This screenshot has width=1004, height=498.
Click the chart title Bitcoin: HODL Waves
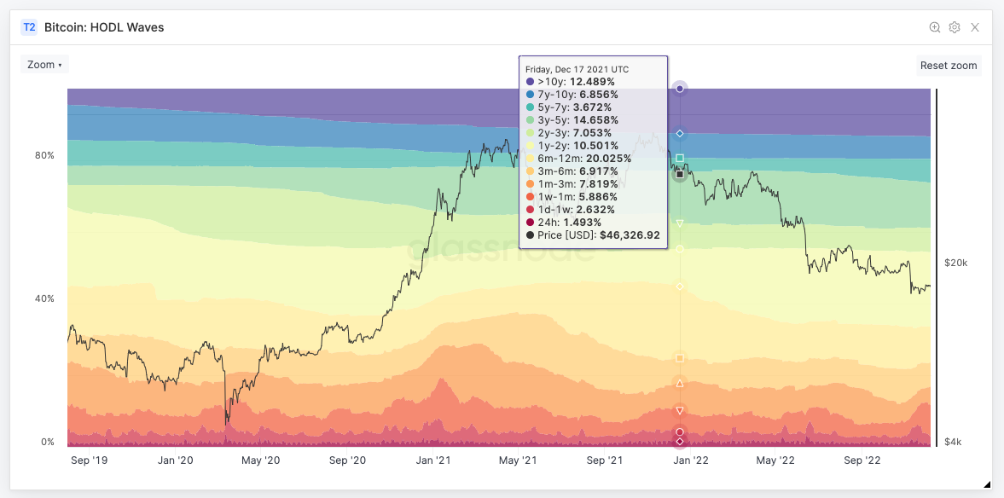pyautogui.click(x=104, y=27)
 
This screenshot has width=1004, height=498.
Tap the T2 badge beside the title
pyautogui.click(x=29, y=27)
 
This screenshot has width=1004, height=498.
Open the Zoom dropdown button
pyautogui.click(x=44, y=65)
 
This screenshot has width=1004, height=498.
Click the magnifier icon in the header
pyautogui.click(x=935, y=27)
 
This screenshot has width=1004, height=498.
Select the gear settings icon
pyautogui.click(x=955, y=27)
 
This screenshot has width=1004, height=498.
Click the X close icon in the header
pyautogui.click(x=975, y=27)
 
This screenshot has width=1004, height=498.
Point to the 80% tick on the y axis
pyautogui.click(x=44, y=155)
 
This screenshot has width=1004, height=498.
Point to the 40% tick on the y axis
pyautogui.click(x=44, y=298)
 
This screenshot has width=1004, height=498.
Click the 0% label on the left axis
pyautogui.click(x=48, y=442)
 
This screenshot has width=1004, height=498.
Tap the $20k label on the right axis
pyautogui.click(x=955, y=263)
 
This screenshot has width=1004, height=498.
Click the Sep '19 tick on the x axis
pyautogui.click(x=88, y=460)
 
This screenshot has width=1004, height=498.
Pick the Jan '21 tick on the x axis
pyautogui.click(x=432, y=460)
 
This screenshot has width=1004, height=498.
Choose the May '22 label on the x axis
pyautogui.click(x=775, y=460)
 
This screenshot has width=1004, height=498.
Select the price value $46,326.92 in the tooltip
pyautogui.click(x=630, y=235)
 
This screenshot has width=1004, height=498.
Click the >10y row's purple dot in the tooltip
pyautogui.click(x=531, y=82)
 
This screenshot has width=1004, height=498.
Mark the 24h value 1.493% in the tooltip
pyautogui.click(x=590, y=223)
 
